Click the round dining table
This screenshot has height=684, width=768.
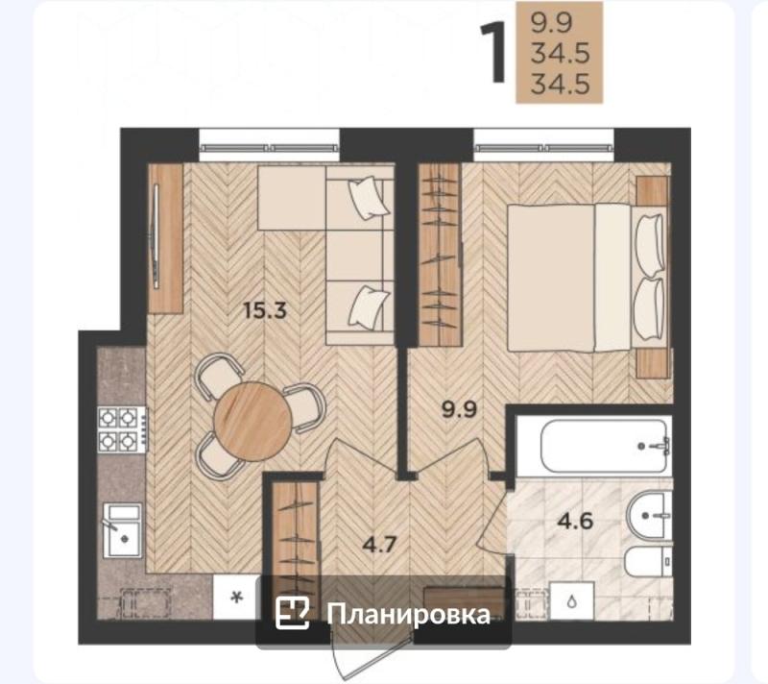point(252,419)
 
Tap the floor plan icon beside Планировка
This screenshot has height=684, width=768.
point(292,613)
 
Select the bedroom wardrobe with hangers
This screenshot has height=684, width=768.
point(440,254)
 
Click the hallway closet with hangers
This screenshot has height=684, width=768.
point(294,533)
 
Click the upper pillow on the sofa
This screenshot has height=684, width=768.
point(366,199)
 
